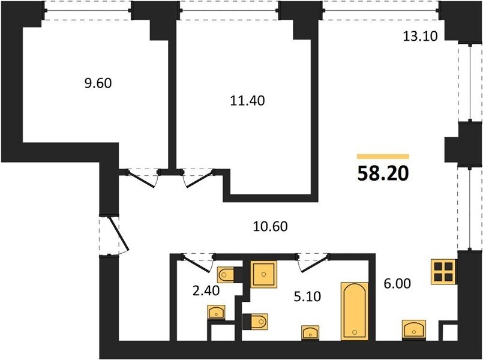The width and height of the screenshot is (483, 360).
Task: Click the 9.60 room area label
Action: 98,83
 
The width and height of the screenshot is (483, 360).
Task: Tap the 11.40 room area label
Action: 247,101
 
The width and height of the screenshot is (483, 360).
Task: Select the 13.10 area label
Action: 420,37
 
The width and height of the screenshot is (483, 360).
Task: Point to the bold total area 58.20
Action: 383,173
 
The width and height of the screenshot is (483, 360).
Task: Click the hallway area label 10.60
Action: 270,226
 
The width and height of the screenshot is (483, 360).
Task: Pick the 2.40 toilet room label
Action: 206,290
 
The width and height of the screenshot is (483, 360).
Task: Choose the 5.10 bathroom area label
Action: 307,296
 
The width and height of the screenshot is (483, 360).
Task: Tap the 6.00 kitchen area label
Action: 397,284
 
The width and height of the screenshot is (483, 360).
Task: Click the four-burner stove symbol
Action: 443,272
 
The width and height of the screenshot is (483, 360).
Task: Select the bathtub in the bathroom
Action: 354,311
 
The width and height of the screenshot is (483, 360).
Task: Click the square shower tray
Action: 263,274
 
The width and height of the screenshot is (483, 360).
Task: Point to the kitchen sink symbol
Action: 414,329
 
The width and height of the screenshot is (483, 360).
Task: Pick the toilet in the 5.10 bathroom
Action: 255,322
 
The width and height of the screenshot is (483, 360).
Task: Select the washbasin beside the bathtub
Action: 310,333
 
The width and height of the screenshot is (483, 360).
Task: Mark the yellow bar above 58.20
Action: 383,157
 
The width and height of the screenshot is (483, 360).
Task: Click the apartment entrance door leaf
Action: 119,233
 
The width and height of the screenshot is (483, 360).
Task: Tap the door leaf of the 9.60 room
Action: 140,179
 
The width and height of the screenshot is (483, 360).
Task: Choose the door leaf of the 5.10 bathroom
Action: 314,264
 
